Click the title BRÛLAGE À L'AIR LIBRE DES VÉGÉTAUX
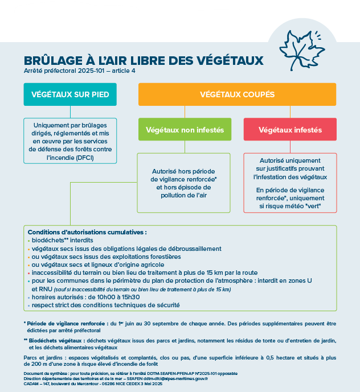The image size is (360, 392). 144,60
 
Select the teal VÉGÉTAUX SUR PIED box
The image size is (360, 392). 70,94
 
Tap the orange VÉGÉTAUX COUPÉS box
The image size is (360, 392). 237,94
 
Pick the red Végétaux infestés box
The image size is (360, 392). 290,130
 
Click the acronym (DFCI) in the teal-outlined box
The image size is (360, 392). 81,157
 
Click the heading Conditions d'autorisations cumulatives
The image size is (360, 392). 87,232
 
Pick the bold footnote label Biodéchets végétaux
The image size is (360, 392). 56,340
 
